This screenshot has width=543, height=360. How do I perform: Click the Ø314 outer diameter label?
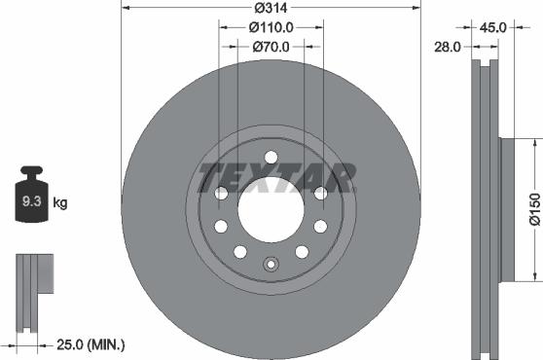(271, 8)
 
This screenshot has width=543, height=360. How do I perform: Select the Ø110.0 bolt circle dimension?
(271, 27)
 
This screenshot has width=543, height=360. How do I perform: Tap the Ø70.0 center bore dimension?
(271, 46)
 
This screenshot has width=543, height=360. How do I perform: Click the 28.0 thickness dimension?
(449, 46)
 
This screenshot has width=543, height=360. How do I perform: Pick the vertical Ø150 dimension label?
(533, 210)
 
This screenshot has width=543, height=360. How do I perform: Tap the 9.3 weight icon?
(29, 203)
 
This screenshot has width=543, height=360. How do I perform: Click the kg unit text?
(60, 203)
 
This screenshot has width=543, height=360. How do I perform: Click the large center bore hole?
(271, 210)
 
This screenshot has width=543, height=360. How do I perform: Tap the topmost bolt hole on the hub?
(271, 158)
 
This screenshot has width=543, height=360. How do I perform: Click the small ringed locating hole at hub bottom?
(271, 263)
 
